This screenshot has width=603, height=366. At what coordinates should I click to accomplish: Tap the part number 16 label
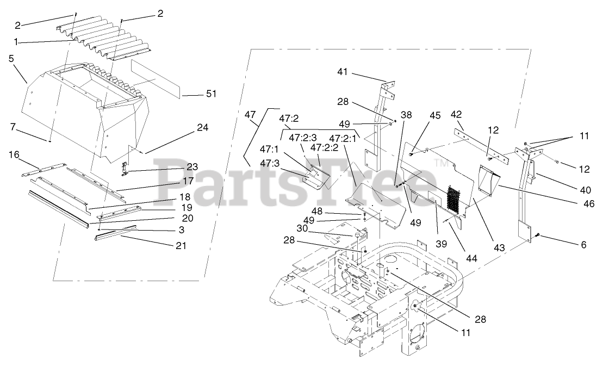point(14,154)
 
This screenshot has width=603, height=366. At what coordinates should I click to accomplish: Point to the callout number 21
point(180,246)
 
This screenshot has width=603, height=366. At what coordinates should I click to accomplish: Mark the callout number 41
point(342,72)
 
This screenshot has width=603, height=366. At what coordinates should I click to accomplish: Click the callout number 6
point(583,245)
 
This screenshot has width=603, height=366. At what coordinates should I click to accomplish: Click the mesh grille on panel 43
point(453,200)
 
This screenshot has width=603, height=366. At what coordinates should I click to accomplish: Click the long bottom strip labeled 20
point(60,208)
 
